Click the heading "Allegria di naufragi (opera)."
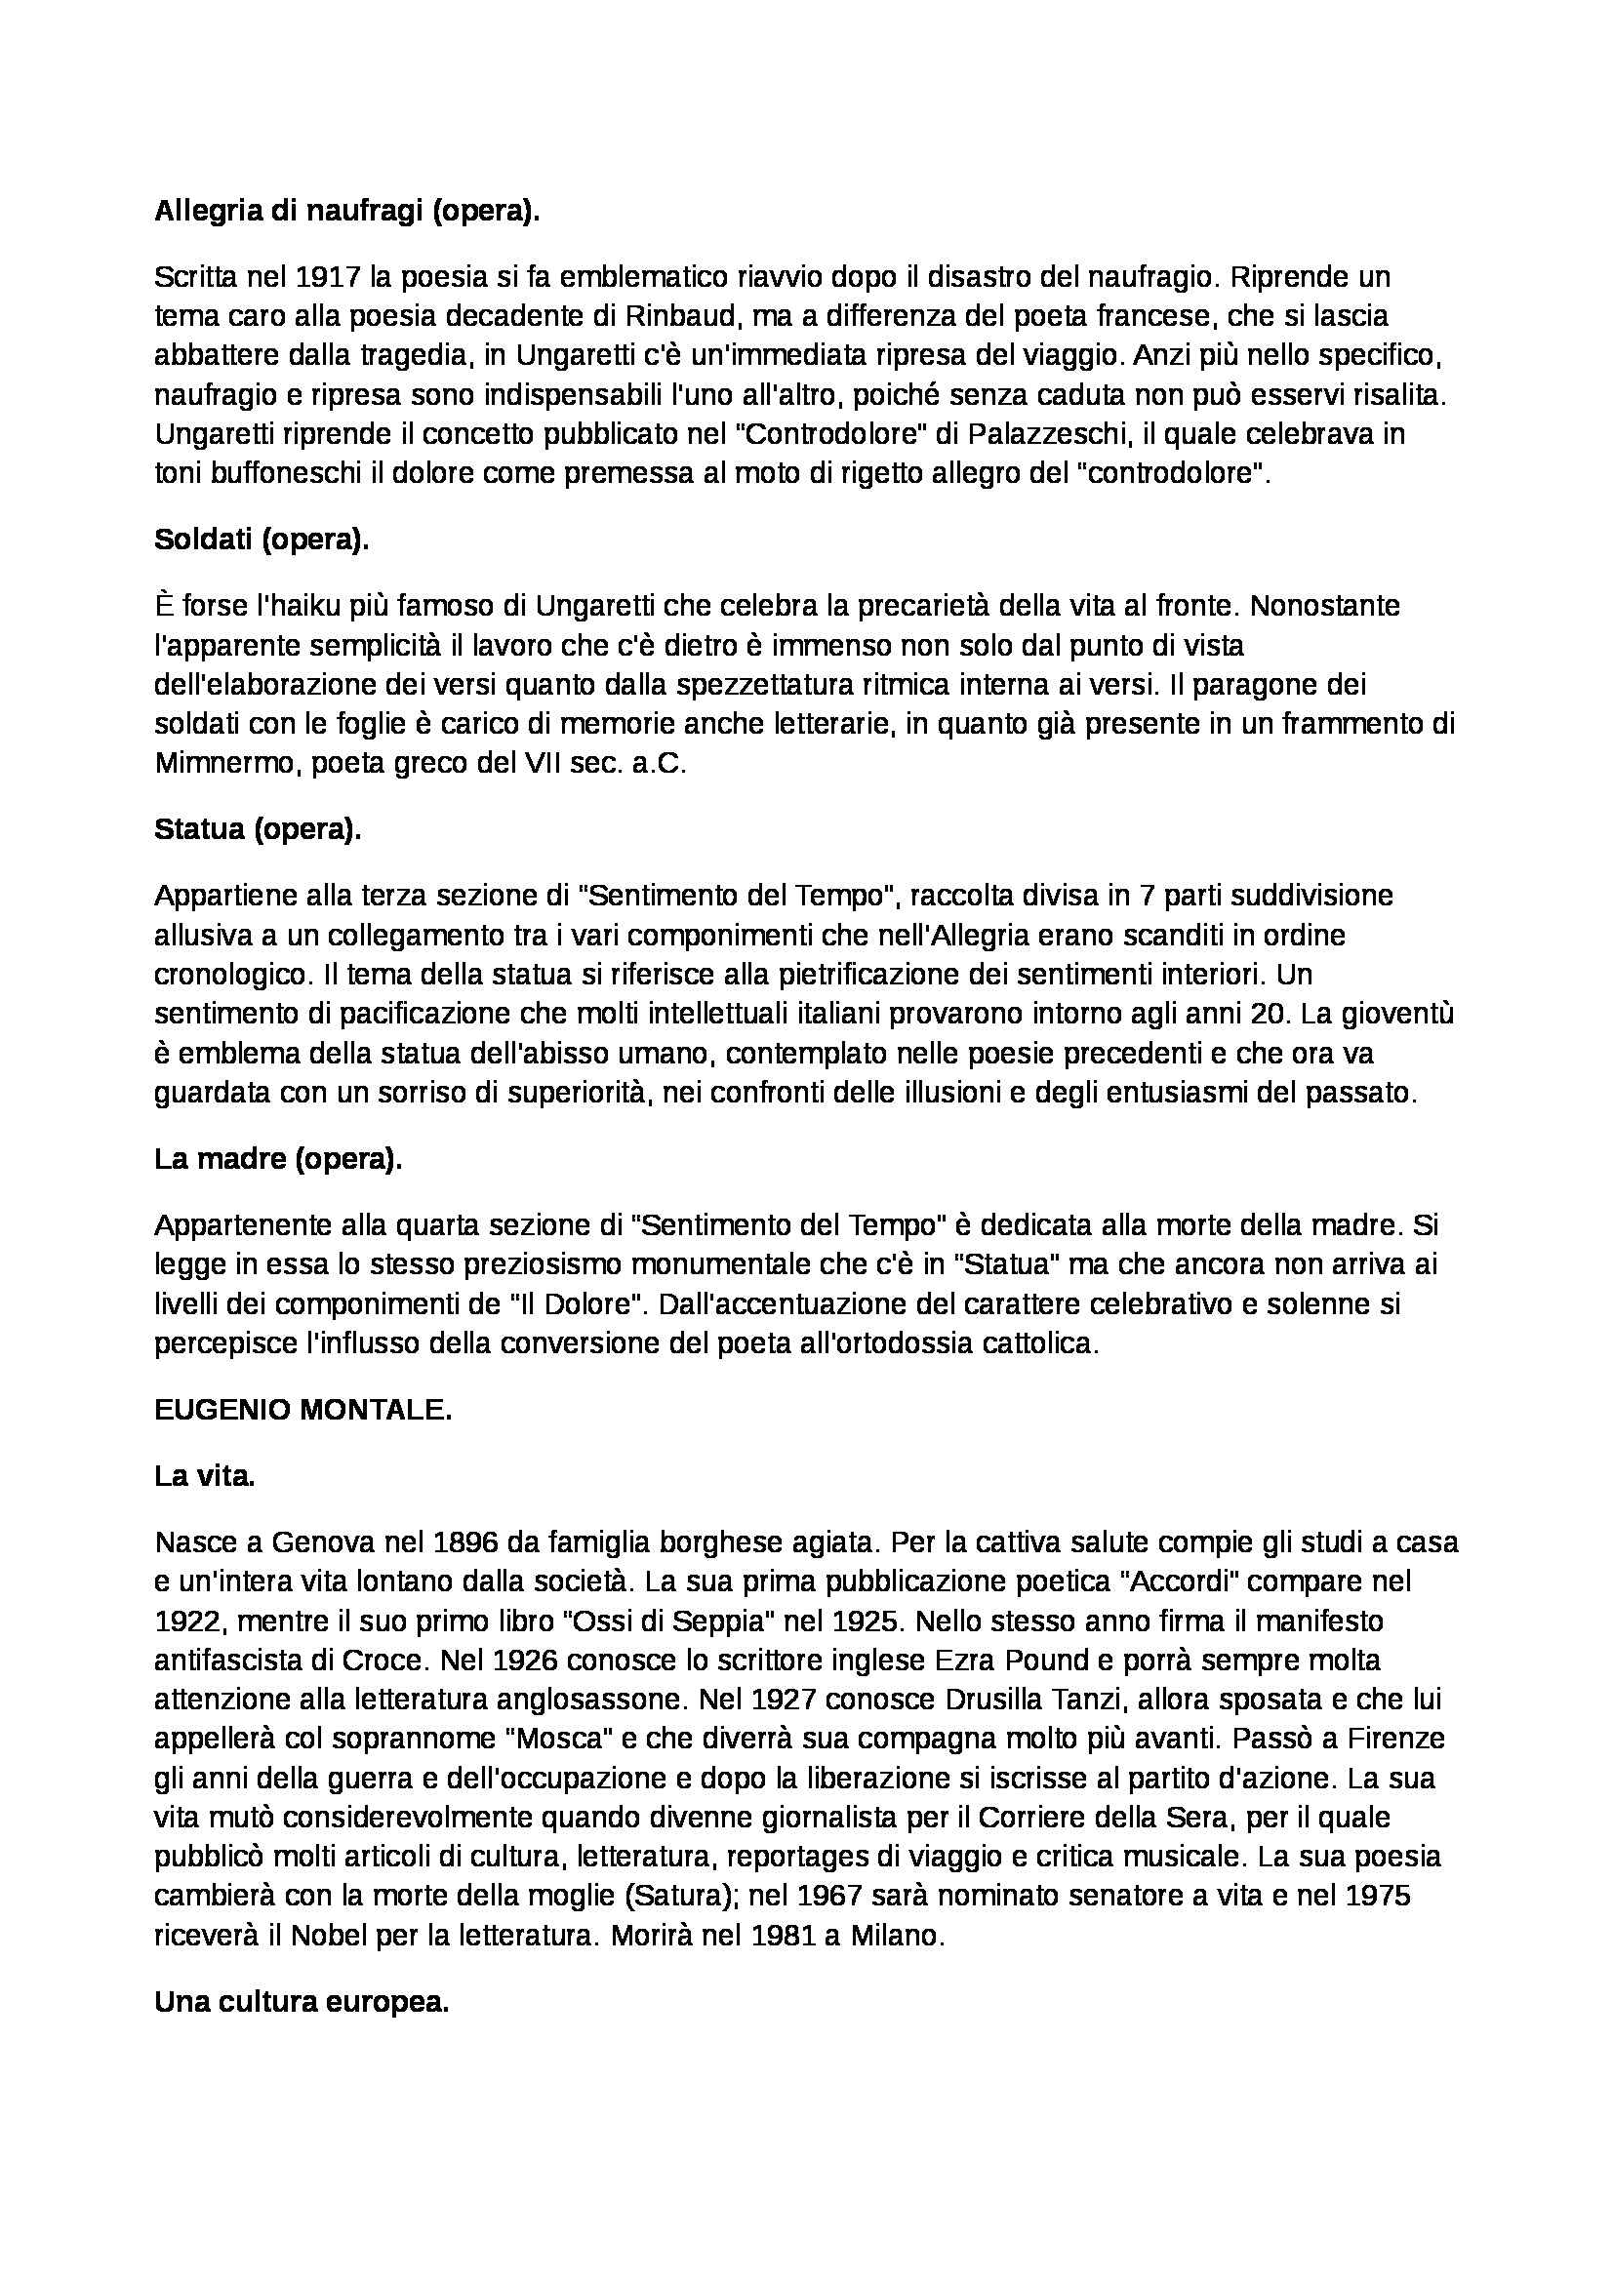click(x=346, y=212)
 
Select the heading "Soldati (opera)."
click(x=262, y=539)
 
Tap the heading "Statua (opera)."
click(x=258, y=829)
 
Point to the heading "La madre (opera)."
click(x=278, y=1159)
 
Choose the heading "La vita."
click(x=205, y=1476)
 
